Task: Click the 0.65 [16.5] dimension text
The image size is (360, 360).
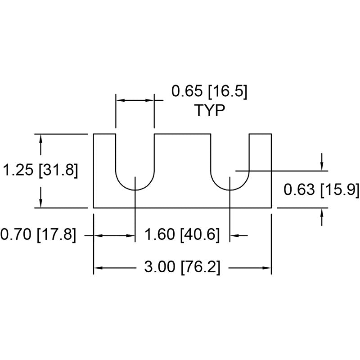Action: [209, 91]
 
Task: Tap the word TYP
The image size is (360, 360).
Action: [210, 110]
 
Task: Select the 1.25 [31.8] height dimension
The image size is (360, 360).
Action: [40, 171]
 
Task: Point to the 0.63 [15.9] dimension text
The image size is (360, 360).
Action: [321, 189]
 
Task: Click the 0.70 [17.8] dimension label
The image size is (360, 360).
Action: [38, 234]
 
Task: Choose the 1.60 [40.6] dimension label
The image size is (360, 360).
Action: [182, 234]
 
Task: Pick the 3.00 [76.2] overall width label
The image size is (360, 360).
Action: [182, 267]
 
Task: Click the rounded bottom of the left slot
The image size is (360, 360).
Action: [135, 190]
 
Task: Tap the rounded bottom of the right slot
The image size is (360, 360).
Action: [230, 190]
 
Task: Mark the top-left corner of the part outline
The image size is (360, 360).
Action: [94, 134]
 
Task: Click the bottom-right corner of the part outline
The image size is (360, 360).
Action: [271, 208]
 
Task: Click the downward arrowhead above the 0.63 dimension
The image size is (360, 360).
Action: [322, 166]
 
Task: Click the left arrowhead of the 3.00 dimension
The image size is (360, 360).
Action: [98, 268]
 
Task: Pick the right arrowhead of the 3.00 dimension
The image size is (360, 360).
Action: [267, 268]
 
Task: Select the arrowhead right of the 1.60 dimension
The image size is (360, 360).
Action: [234, 235]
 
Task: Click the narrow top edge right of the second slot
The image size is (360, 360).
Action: [261, 134]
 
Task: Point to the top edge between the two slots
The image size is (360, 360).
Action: [183, 134]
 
